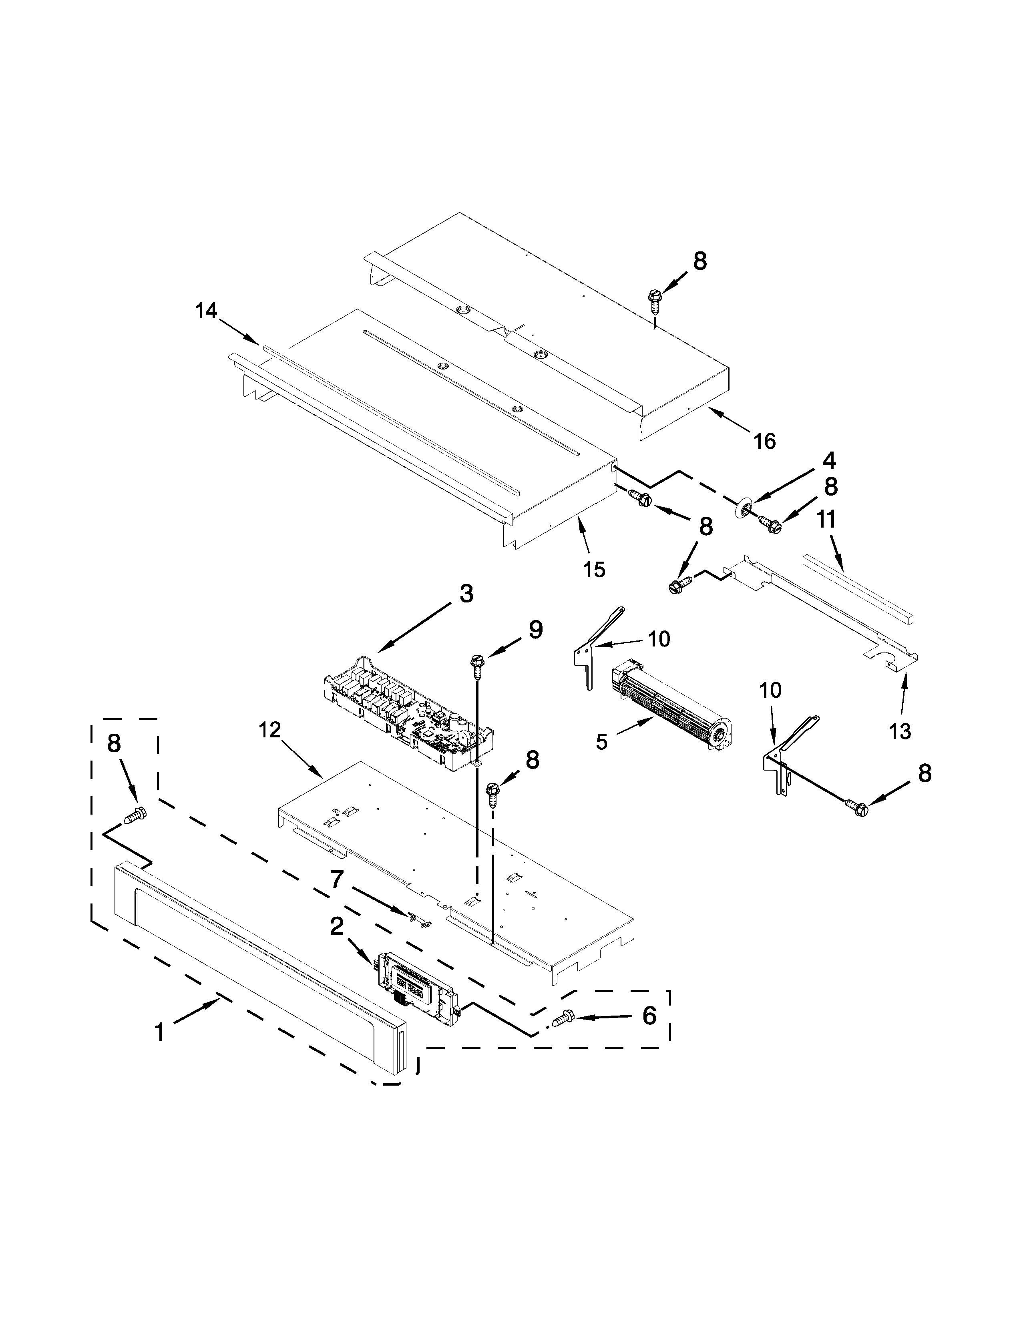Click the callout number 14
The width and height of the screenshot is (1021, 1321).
point(206,311)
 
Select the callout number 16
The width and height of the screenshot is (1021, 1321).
point(764,441)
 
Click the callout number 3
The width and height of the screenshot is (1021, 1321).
point(466,594)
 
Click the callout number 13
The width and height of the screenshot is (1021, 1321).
point(899,731)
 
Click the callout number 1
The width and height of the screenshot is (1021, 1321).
point(159,1031)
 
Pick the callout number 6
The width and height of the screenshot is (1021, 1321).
point(648,1016)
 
